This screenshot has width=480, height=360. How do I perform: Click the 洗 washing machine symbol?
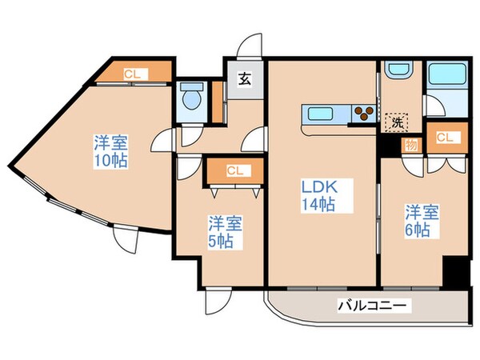(394, 122)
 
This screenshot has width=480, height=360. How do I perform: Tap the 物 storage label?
(410, 145)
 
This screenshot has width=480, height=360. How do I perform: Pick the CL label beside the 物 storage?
(444, 137)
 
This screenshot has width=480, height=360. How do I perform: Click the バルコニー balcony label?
(373, 305)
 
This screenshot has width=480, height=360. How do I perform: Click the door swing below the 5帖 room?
(214, 301)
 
